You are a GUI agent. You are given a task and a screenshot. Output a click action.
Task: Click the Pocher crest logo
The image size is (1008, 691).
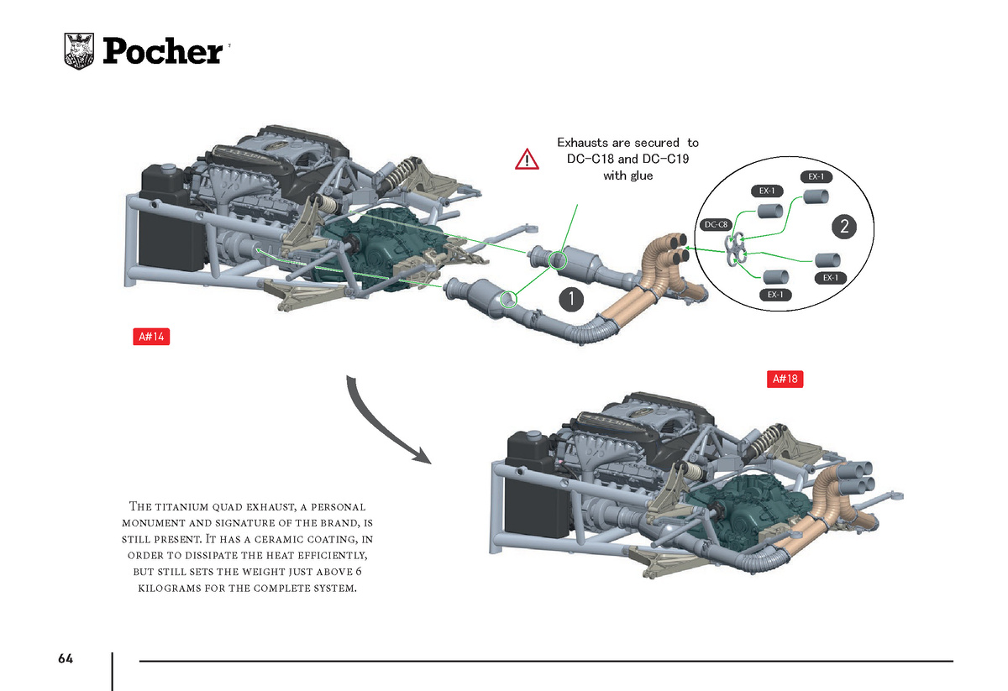click(79, 51)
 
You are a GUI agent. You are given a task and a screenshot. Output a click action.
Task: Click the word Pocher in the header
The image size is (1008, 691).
click(163, 51)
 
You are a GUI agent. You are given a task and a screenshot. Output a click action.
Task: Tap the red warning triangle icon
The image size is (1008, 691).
click(527, 160)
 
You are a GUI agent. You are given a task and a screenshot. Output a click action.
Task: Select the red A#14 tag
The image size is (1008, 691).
click(151, 337)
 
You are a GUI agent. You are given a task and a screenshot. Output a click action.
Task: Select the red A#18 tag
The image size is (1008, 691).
click(785, 379)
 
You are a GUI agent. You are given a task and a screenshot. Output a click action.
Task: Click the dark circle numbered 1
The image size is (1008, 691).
click(571, 299)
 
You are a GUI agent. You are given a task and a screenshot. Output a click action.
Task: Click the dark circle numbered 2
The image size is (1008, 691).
click(844, 227)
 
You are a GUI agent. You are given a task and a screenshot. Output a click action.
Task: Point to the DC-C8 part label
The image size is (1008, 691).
click(716, 224)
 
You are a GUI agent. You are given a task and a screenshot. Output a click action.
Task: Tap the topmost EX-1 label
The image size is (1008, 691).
click(816, 177)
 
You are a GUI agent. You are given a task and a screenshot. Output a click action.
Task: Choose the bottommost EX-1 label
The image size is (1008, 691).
click(774, 295)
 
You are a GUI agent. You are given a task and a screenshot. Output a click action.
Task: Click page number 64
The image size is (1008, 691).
click(66, 658)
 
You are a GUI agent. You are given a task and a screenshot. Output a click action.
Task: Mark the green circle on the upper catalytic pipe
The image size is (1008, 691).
click(558, 260)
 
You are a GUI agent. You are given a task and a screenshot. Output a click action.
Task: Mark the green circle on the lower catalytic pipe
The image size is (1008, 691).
click(509, 299)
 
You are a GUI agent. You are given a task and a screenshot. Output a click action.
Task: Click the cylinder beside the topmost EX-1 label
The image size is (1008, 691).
click(816, 196)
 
